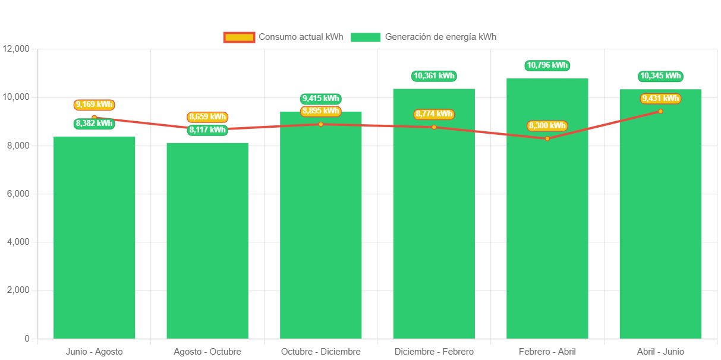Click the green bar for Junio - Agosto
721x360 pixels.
(x=95, y=238)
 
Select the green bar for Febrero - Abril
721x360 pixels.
(x=547, y=238)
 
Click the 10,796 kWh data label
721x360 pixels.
(x=547, y=65)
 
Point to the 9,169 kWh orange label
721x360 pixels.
(x=94, y=105)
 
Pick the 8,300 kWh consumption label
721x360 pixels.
(x=547, y=126)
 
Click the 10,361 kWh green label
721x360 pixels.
(x=434, y=76)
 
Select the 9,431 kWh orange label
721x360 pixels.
(x=660, y=99)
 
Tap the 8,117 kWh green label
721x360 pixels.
(x=207, y=130)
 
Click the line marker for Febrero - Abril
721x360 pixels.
(x=547, y=138)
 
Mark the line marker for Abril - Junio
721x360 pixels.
(x=660, y=111)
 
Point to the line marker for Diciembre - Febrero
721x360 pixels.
(x=434, y=127)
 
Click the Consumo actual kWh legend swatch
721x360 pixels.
(x=239, y=37)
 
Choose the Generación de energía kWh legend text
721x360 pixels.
(x=440, y=37)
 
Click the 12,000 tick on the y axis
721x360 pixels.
(x=16, y=49)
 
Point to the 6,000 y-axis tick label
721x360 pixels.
(x=18, y=194)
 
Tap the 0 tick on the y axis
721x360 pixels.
(x=27, y=339)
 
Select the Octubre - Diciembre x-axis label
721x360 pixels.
(x=321, y=352)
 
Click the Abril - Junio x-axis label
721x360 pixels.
(x=660, y=352)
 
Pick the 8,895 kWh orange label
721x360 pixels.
(x=320, y=111)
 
